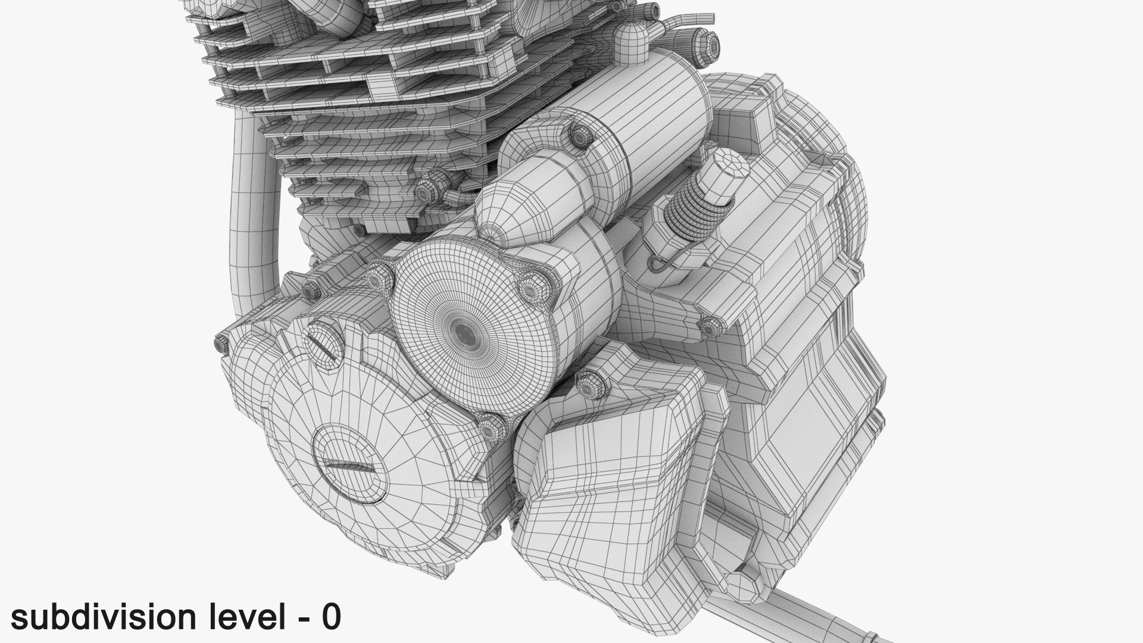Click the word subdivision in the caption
click(x=101, y=618)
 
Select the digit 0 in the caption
click(x=330, y=618)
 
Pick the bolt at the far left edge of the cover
click(x=221, y=345)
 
